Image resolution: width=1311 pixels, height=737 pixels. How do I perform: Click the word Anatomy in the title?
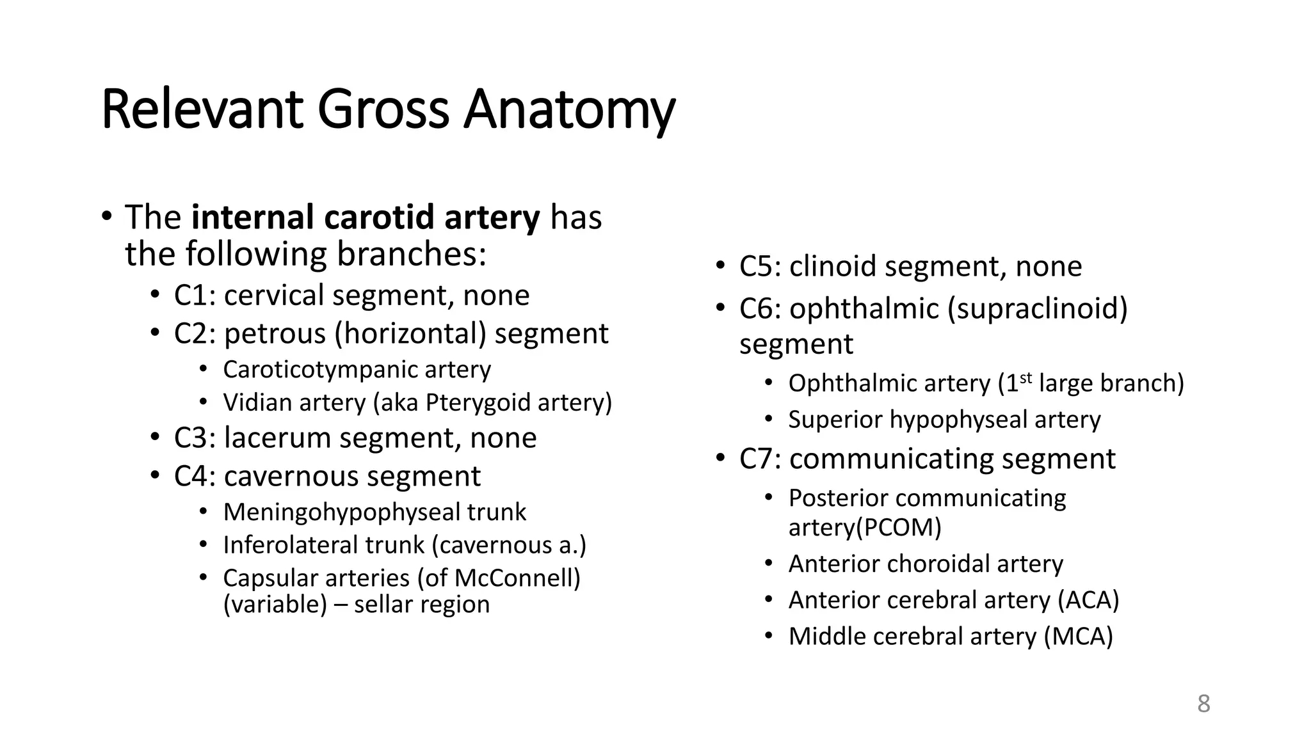569,110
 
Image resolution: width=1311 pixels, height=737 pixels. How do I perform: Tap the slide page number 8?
1203,704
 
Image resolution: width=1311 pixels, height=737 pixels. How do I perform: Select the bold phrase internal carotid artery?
366,217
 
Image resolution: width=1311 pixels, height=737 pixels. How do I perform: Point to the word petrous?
275,334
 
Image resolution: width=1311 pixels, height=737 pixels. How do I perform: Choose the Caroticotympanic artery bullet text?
357,370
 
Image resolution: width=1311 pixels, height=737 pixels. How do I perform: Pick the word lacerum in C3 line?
278,438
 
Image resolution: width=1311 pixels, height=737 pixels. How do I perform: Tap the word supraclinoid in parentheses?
1037,309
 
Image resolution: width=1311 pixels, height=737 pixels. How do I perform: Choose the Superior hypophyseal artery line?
944,420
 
